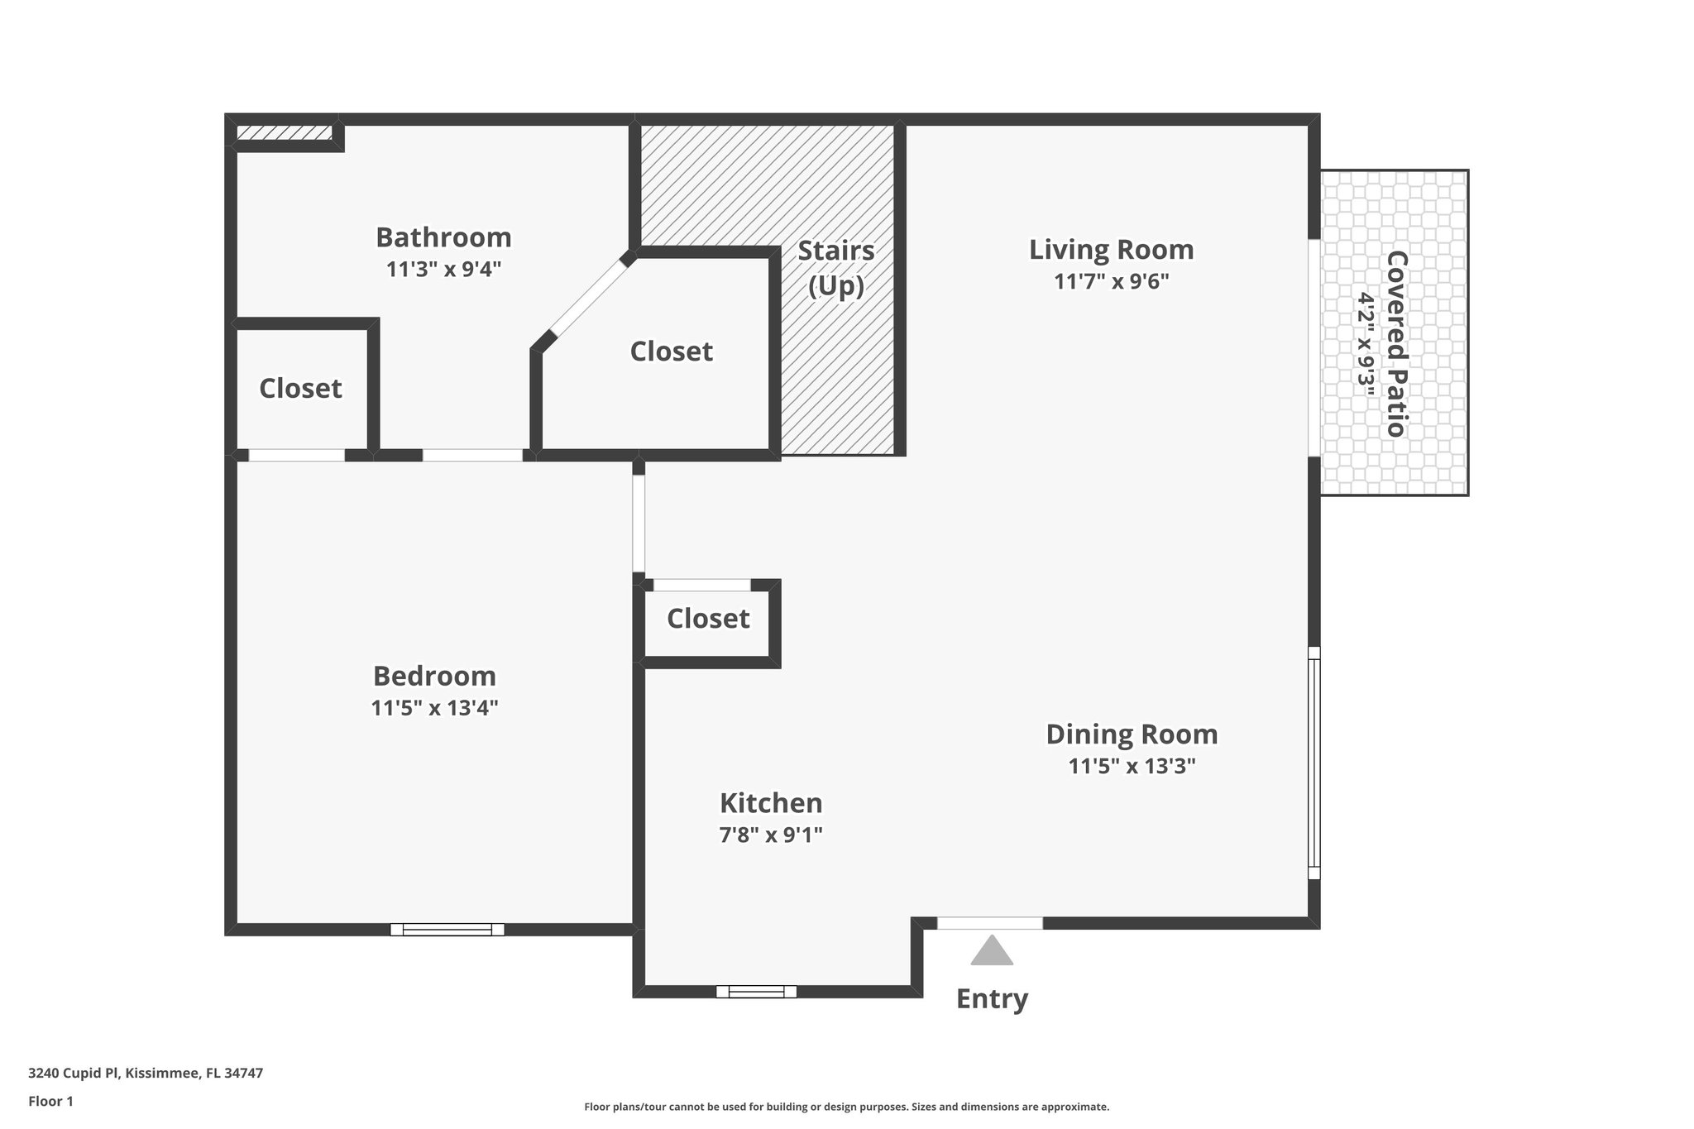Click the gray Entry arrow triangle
click(x=992, y=952)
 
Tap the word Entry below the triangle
click(x=992, y=999)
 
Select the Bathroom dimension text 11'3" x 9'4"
click(x=443, y=269)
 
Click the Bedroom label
click(x=434, y=676)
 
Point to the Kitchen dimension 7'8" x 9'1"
click(x=771, y=835)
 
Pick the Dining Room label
click(x=1132, y=734)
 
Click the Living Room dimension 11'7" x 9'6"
click(x=1111, y=281)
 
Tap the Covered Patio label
click(x=1396, y=343)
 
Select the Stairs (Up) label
click(x=835, y=267)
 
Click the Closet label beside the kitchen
click(x=708, y=618)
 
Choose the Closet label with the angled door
click(x=671, y=351)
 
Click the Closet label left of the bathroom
click(x=300, y=388)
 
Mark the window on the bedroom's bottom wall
click(x=447, y=929)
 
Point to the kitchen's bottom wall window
click(x=756, y=991)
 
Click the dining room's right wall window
click(x=1314, y=762)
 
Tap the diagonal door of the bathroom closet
click(x=588, y=298)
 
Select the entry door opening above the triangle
click(x=989, y=923)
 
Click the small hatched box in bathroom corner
click(x=284, y=132)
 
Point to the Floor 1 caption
click(x=50, y=1101)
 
